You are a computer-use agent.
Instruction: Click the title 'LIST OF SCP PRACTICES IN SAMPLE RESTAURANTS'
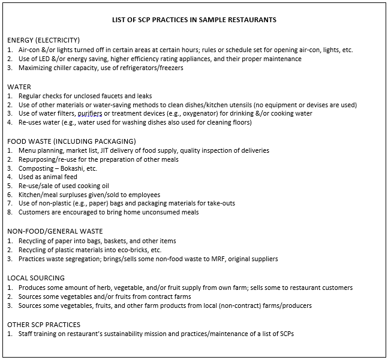point(194,20)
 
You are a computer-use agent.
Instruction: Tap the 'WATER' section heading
point(19,87)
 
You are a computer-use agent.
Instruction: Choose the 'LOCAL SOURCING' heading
point(35,279)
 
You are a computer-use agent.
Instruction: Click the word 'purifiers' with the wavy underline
point(91,114)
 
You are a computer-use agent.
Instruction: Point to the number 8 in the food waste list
point(10,213)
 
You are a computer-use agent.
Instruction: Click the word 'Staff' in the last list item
point(26,334)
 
